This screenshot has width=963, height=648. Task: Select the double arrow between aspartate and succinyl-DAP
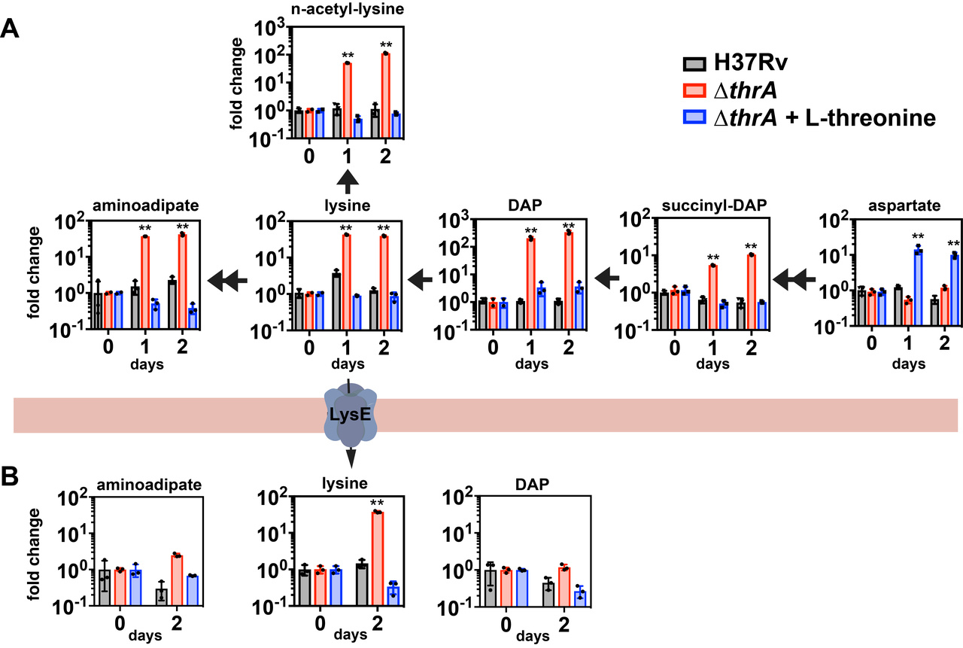(x=796, y=280)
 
